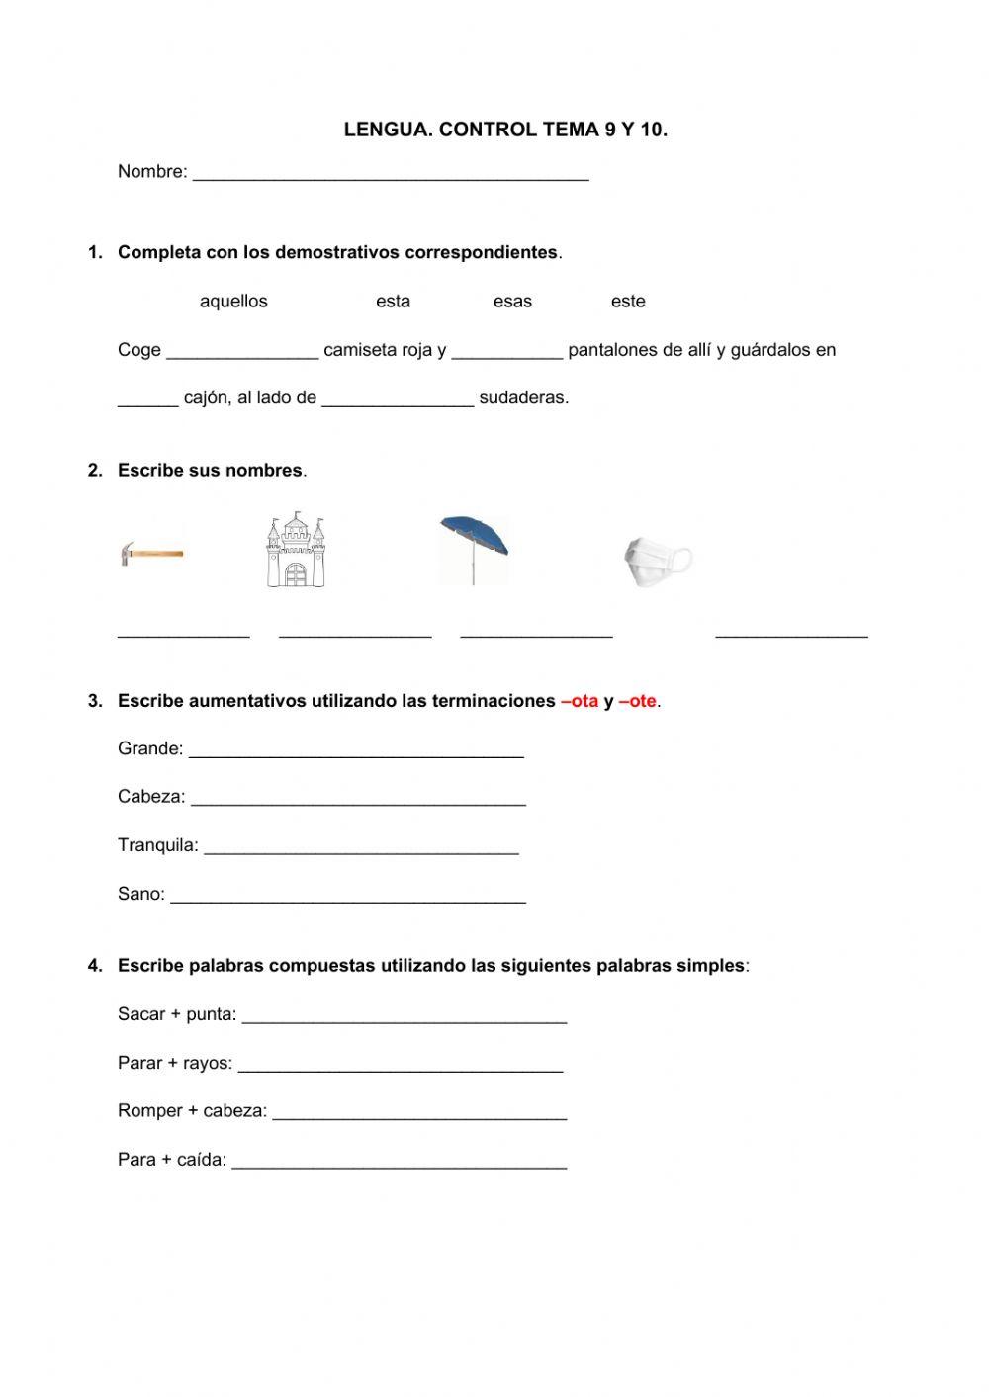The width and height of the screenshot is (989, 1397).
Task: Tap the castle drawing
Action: pyautogui.click(x=295, y=550)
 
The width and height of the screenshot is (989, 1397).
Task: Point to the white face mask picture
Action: pyautogui.click(x=657, y=562)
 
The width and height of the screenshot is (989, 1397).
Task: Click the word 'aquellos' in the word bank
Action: pyautogui.click(x=233, y=302)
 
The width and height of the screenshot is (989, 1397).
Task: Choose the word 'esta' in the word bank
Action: pyautogui.click(x=393, y=302)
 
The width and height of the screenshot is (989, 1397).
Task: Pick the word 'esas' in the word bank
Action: pyautogui.click(x=512, y=302)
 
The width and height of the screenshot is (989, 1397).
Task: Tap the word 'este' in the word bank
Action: pyautogui.click(x=628, y=302)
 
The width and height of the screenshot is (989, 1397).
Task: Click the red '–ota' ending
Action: pyautogui.click(x=580, y=701)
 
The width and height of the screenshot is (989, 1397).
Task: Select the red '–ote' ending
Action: pyautogui.click(x=637, y=701)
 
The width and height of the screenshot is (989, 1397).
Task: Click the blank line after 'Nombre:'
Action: pyautogui.click(x=391, y=174)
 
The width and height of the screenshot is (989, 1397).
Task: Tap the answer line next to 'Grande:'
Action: pyautogui.click(x=356, y=751)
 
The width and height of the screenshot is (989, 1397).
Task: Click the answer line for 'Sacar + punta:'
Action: pyautogui.click(x=404, y=1017)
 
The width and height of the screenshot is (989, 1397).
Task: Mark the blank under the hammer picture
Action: pyautogui.click(x=184, y=633)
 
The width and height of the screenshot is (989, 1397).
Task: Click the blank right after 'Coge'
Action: pyautogui.click(x=242, y=353)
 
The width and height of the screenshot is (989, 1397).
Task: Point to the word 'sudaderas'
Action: pyautogui.click(x=523, y=398)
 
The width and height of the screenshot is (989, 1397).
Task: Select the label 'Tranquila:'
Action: pyautogui.click(x=157, y=845)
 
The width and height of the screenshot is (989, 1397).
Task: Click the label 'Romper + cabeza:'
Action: pyautogui.click(x=192, y=1111)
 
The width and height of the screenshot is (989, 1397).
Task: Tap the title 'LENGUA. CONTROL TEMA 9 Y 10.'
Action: pyautogui.click(x=505, y=130)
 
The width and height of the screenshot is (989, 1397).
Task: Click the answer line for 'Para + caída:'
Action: pyautogui.click(x=399, y=1163)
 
